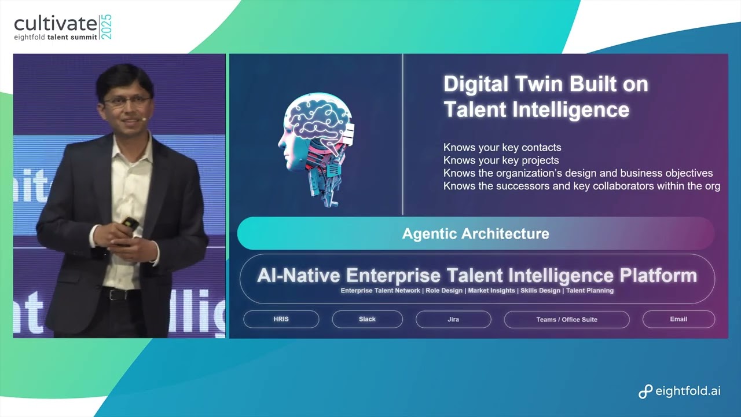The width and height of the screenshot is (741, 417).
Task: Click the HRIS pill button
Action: pos(281,319)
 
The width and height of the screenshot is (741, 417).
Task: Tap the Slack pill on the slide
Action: pos(367,319)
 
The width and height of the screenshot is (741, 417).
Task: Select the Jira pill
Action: pos(453,319)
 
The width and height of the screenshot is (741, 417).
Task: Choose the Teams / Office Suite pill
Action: pos(566,319)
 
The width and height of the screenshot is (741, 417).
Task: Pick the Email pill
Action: pos(678,319)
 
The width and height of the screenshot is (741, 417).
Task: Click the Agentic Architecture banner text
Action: pos(475,234)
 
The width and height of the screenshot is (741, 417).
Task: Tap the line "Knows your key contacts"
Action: pos(502,148)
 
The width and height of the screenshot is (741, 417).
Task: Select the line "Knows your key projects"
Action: pos(501,160)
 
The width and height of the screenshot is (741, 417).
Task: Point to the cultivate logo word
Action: pos(56,24)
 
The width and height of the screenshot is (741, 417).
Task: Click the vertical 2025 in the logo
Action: pos(107,27)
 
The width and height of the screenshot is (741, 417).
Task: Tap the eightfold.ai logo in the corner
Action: pos(680,392)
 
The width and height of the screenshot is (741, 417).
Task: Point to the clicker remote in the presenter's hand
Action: pos(130,223)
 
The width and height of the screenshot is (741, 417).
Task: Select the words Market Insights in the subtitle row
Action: pos(491,291)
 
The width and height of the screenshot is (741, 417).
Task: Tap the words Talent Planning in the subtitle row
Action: pos(589,291)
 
